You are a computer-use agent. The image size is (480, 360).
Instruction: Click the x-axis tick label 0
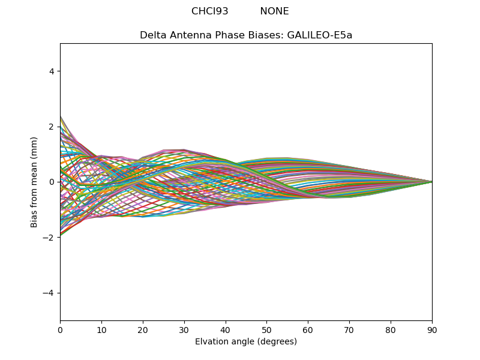[x=60, y=329]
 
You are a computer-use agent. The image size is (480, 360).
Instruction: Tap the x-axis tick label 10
[x=101, y=329]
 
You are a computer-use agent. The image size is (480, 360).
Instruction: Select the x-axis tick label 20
[x=143, y=329]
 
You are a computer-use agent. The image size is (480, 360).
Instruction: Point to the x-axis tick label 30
[x=184, y=329]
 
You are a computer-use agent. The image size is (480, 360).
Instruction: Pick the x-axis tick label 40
[x=226, y=329]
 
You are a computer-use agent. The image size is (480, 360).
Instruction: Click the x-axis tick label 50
[x=266, y=329]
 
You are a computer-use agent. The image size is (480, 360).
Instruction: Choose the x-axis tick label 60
[x=308, y=329]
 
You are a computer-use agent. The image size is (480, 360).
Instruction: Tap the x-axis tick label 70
[x=349, y=329]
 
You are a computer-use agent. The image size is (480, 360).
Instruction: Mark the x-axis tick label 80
[x=391, y=329]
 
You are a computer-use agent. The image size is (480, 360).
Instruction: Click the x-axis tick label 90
[x=432, y=329]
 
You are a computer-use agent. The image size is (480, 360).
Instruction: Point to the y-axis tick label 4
[x=52, y=71]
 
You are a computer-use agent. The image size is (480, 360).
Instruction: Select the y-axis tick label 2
[x=52, y=127]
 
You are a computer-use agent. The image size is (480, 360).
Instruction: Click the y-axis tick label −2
[x=49, y=238]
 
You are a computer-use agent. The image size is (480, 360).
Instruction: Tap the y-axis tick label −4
[x=49, y=293]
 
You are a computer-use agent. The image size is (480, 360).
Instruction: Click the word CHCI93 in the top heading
[x=210, y=11]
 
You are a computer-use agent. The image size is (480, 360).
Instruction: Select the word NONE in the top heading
[x=274, y=11]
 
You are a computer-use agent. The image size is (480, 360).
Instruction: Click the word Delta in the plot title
[x=152, y=35]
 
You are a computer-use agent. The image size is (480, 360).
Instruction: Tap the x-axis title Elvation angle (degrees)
[x=246, y=341]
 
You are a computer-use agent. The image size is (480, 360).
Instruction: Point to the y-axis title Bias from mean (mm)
[x=34, y=181]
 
